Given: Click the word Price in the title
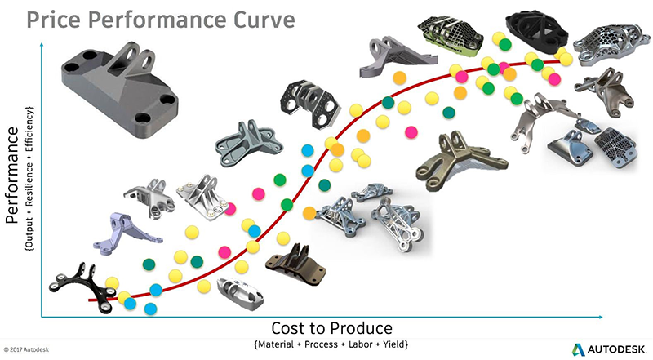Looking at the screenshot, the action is (x=54, y=20).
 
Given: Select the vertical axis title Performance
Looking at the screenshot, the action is (x=12, y=175).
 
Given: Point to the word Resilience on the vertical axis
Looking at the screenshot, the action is (x=29, y=183).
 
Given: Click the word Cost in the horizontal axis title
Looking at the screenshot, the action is (x=288, y=328).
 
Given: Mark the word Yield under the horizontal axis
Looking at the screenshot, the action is (x=395, y=344).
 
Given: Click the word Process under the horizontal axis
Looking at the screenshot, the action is (x=321, y=344).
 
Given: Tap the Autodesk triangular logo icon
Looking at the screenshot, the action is (x=578, y=349).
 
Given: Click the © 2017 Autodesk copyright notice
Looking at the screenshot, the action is (x=26, y=349).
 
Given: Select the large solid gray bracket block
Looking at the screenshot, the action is (x=119, y=89).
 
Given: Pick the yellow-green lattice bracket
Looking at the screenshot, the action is (x=451, y=35).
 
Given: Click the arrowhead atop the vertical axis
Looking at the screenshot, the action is (x=42, y=45).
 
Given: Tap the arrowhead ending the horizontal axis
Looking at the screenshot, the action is (x=601, y=317).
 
